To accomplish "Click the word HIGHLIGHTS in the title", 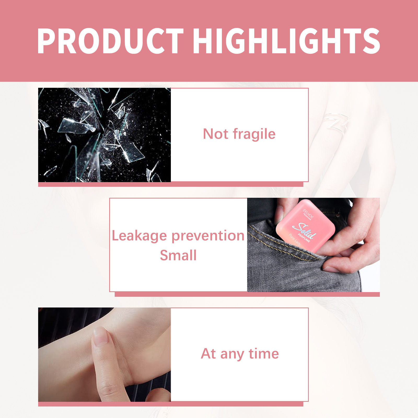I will (287, 41).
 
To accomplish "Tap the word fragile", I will (254, 134).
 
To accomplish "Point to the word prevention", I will (208, 236).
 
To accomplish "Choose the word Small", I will (178, 256).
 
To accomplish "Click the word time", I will (264, 354).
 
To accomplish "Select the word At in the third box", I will (208, 354).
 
